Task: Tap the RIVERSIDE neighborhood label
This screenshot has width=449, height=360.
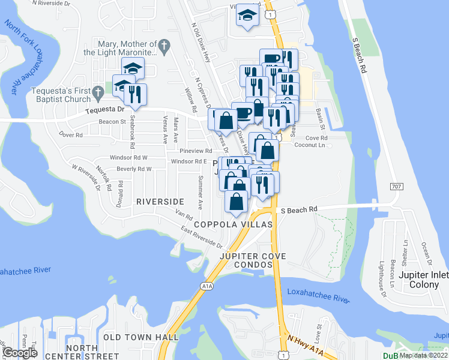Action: coord(160,202)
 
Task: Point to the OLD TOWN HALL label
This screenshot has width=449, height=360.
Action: coord(141,337)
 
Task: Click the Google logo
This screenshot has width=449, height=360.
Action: coord(20,353)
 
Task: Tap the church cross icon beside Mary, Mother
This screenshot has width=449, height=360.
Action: coord(163,44)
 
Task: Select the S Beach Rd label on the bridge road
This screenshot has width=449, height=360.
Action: coord(299,209)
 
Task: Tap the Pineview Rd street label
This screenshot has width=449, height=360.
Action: coord(196,151)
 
